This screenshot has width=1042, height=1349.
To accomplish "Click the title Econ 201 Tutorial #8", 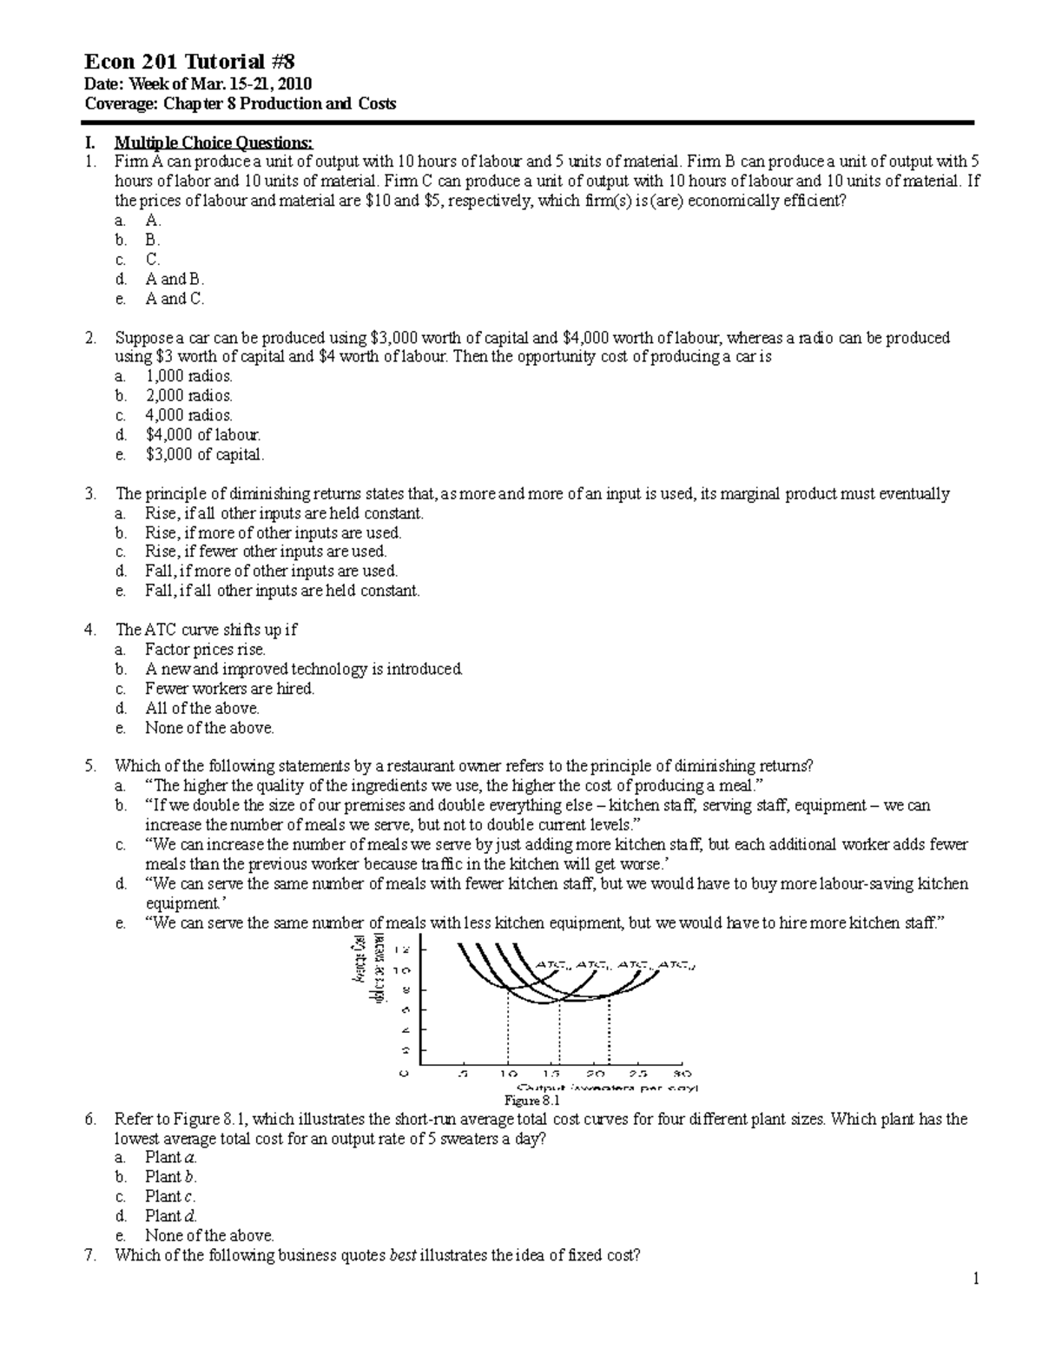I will pos(189,62).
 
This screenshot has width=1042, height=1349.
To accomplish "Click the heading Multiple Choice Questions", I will pos(213,142).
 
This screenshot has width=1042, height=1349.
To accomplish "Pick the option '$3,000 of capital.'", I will pos(204,453).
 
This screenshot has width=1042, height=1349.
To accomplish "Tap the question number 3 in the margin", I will pos(90,493).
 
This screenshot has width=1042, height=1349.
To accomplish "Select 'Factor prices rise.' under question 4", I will pos(205,649).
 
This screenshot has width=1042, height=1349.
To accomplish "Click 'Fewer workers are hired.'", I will pos(229,688).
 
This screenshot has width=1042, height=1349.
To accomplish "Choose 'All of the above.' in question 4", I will pos(201,708).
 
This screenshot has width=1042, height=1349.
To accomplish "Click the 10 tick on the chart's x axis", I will pos(508,1073).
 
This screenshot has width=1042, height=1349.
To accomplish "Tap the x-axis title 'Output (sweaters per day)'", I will pos(608,1088).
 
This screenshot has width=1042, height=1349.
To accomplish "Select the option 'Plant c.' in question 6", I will pos(170,1196).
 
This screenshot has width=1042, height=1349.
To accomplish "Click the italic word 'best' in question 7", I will pos(400,1254).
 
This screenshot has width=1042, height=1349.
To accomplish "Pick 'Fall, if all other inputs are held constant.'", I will pos(282,591).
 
